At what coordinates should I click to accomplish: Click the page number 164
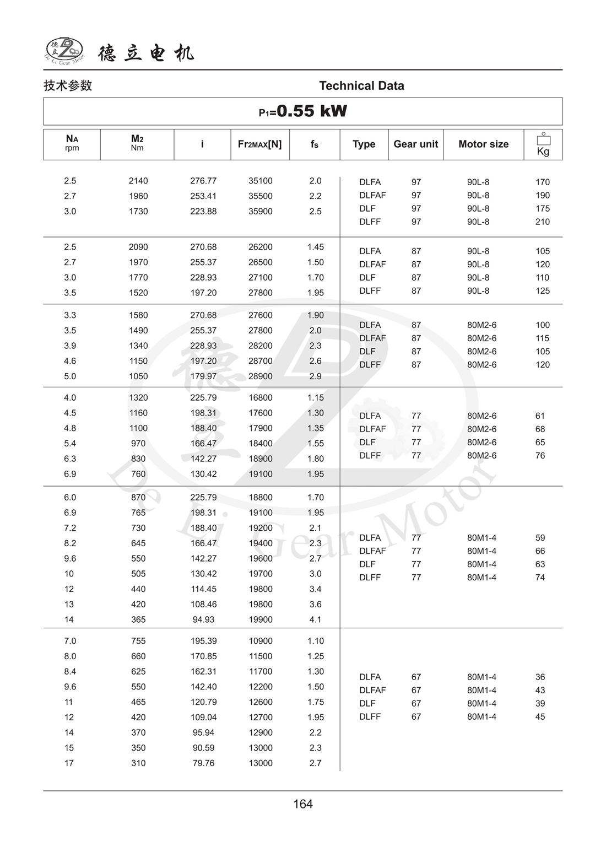point(303,804)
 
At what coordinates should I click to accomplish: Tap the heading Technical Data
point(361,85)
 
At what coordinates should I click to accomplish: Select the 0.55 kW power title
point(303,111)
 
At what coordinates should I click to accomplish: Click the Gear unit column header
point(415,144)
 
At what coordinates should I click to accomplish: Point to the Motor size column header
point(483,144)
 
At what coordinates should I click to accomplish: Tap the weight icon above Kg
point(543,138)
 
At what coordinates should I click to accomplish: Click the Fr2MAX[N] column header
point(259,144)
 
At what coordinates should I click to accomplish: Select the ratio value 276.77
point(203,181)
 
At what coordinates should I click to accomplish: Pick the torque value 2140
point(138,181)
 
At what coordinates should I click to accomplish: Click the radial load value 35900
point(260,211)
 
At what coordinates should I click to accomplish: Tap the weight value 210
point(543,222)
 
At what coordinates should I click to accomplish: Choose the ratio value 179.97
point(203,376)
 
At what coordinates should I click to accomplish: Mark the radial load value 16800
point(260,397)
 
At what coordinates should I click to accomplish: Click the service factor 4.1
point(315,619)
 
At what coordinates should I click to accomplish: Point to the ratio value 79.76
point(203,763)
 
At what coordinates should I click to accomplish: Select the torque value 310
point(138,763)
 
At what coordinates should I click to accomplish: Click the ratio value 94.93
point(203,619)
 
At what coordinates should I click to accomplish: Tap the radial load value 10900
point(260,641)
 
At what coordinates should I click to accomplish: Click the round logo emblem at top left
point(64,50)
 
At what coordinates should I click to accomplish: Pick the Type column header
point(364,144)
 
